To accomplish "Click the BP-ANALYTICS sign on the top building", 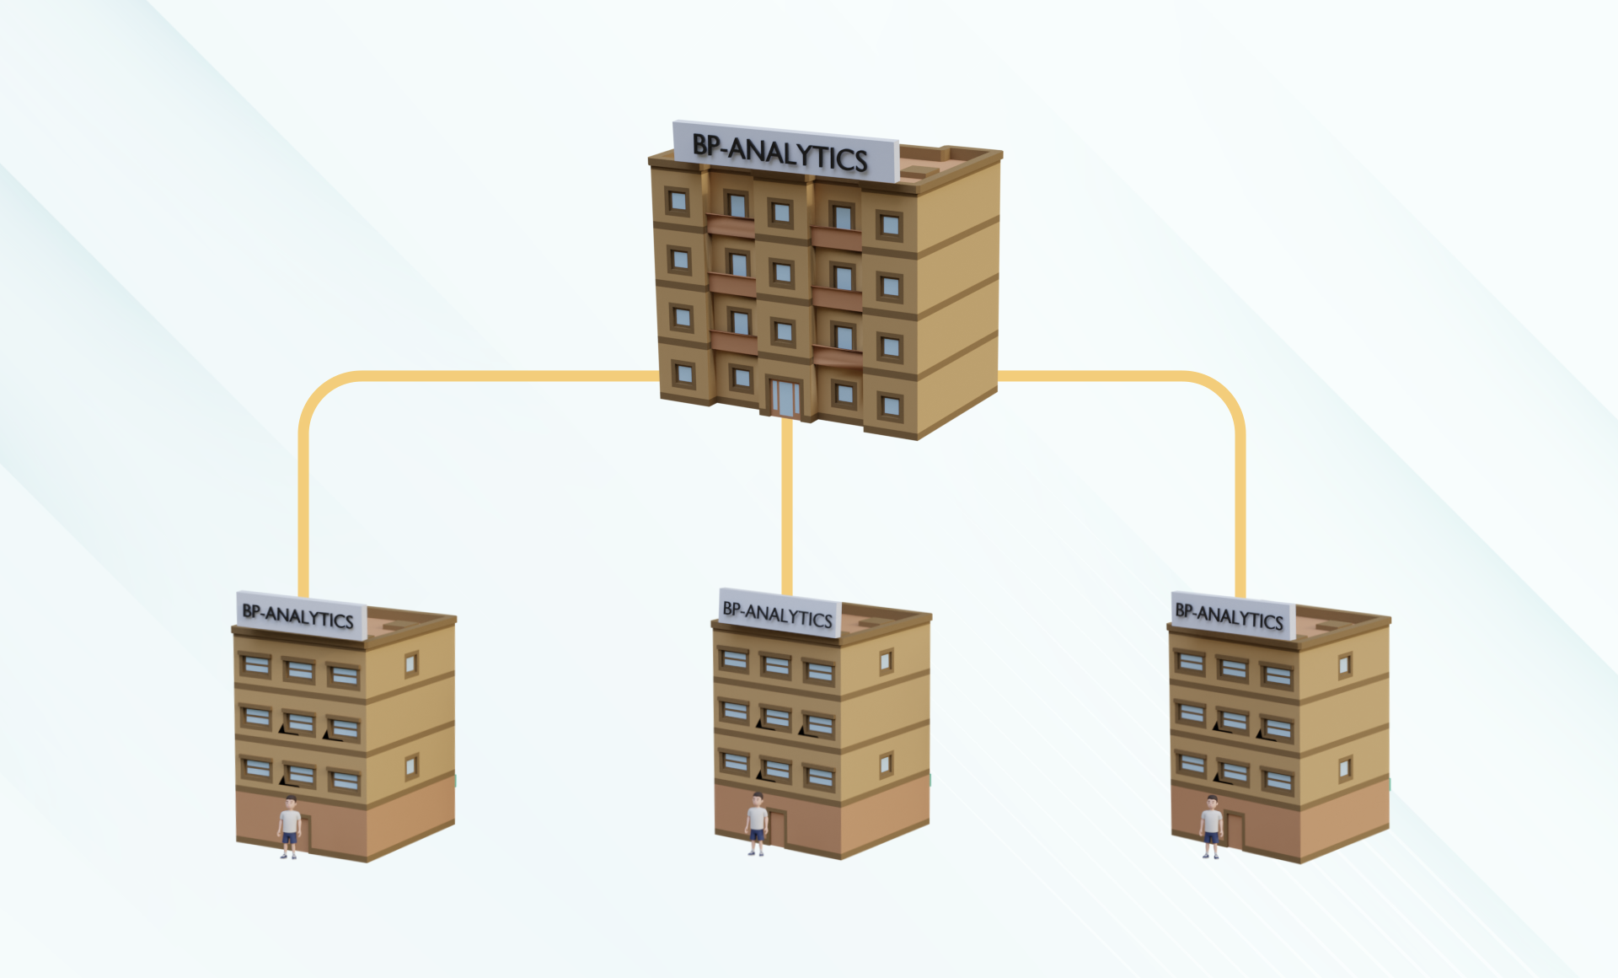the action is pyautogui.click(x=785, y=152).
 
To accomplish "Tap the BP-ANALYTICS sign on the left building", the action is pyautogui.click(x=301, y=615).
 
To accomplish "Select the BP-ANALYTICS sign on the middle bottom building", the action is pyautogui.click(x=780, y=613).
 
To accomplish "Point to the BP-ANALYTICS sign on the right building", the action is pyautogui.click(x=1233, y=615).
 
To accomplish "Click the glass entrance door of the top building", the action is pyautogui.click(x=785, y=398).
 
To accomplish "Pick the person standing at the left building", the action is pyautogui.click(x=289, y=826).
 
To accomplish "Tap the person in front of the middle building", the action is pyautogui.click(x=757, y=824).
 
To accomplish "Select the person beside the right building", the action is pyautogui.click(x=1212, y=826).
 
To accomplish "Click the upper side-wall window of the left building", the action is pyautogui.click(x=411, y=664).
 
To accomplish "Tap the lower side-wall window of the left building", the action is pyautogui.click(x=411, y=767).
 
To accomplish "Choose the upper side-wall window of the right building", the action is pyautogui.click(x=1345, y=665).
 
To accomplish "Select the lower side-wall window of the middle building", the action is pyautogui.click(x=886, y=765).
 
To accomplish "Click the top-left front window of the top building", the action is pyautogui.click(x=678, y=201).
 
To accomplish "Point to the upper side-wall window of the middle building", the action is pyautogui.click(x=886, y=662).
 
